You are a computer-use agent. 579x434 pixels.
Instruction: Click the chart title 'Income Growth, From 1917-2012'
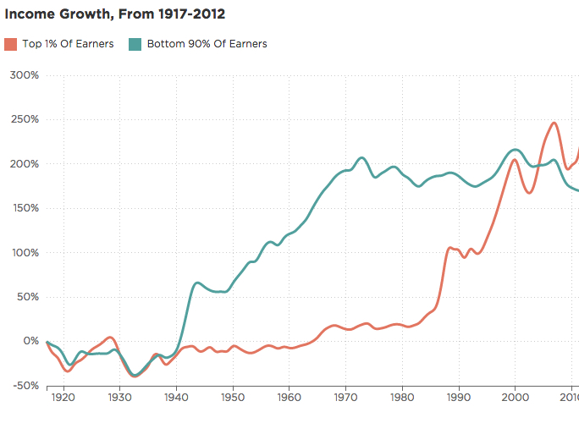[115, 14]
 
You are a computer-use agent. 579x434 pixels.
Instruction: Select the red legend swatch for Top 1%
[11, 44]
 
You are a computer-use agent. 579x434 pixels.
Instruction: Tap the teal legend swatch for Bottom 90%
[135, 44]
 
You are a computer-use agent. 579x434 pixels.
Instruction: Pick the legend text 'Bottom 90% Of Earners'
[207, 44]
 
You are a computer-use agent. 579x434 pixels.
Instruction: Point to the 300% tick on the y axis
[24, 75]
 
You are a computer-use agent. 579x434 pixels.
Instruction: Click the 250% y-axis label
[24, 119]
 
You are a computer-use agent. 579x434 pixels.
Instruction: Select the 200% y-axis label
[24, 164]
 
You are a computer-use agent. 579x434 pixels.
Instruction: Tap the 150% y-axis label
[24, 208]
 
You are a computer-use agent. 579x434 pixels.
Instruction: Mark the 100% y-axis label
[24, 253]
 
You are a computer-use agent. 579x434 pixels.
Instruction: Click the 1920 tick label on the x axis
[63, 398]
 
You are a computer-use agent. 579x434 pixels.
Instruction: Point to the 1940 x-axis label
[176, 398]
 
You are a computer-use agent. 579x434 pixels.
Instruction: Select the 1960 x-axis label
[289, 398]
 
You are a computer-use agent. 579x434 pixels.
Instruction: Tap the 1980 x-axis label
[402, 398]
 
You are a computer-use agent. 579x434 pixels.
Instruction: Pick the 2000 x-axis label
[515, 398]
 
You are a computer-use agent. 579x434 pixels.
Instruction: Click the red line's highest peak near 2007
[554, 124]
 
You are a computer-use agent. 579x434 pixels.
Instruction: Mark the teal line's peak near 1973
[362, 157]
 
